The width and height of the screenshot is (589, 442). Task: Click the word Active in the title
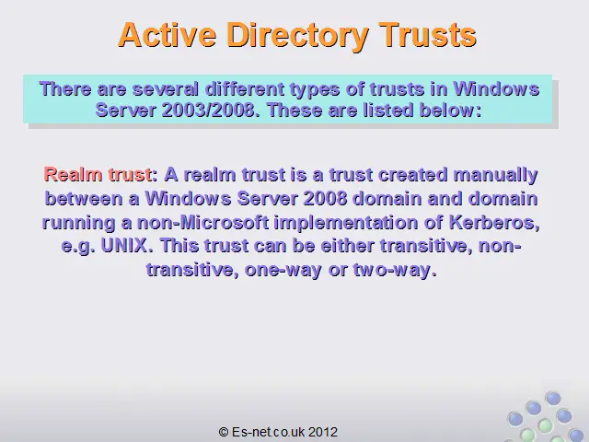click(x=167, y=35)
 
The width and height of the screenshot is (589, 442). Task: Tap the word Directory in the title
click(x=297, y=36)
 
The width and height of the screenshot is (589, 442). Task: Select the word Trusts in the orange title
click(x=427, y=35)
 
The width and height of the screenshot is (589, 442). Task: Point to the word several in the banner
click(x=166, y=89)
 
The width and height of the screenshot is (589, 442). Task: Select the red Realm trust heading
click(x=98, y=174)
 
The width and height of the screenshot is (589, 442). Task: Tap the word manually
click(x=495, y=176)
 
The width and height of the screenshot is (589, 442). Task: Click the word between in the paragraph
click(x=84, y=199)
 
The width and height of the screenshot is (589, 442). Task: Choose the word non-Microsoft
click(x=202, y=223)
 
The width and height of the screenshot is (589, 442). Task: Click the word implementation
click(x=346, y=224)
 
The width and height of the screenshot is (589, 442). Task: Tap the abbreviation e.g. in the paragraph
click(x=77, y=247)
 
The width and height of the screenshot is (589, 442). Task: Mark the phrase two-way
click(x=395, y=270)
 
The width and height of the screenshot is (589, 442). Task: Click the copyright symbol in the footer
click(x=224, y=432)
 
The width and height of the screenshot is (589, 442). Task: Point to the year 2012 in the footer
click(x=323, y=432)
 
